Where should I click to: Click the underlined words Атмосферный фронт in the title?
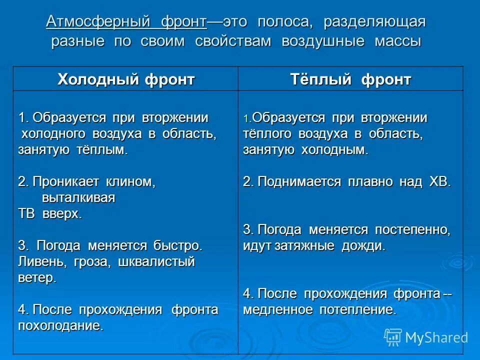tap(126, 22)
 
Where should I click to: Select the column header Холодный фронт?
tap(126, 79)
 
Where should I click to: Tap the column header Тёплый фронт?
tap(350, 79)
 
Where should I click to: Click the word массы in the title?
tap(397, 41)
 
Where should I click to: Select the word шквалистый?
tap(156, 261)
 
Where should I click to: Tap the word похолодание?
tap(60, 326)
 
